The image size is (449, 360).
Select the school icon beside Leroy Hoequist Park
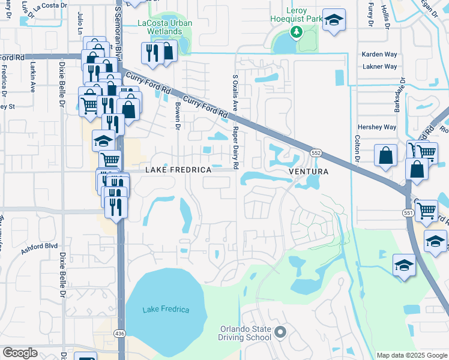coord(334,20)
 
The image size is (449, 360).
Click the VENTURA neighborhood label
coord(309,172)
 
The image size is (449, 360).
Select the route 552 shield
coord(317,154)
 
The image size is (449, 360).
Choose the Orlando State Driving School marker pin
coord(279,332)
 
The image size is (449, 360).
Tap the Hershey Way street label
coord(377,127)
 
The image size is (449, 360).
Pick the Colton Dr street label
coord(357,148)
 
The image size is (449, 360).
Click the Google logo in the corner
coord(20,353)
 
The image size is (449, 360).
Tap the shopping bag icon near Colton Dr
coord(385,155)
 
